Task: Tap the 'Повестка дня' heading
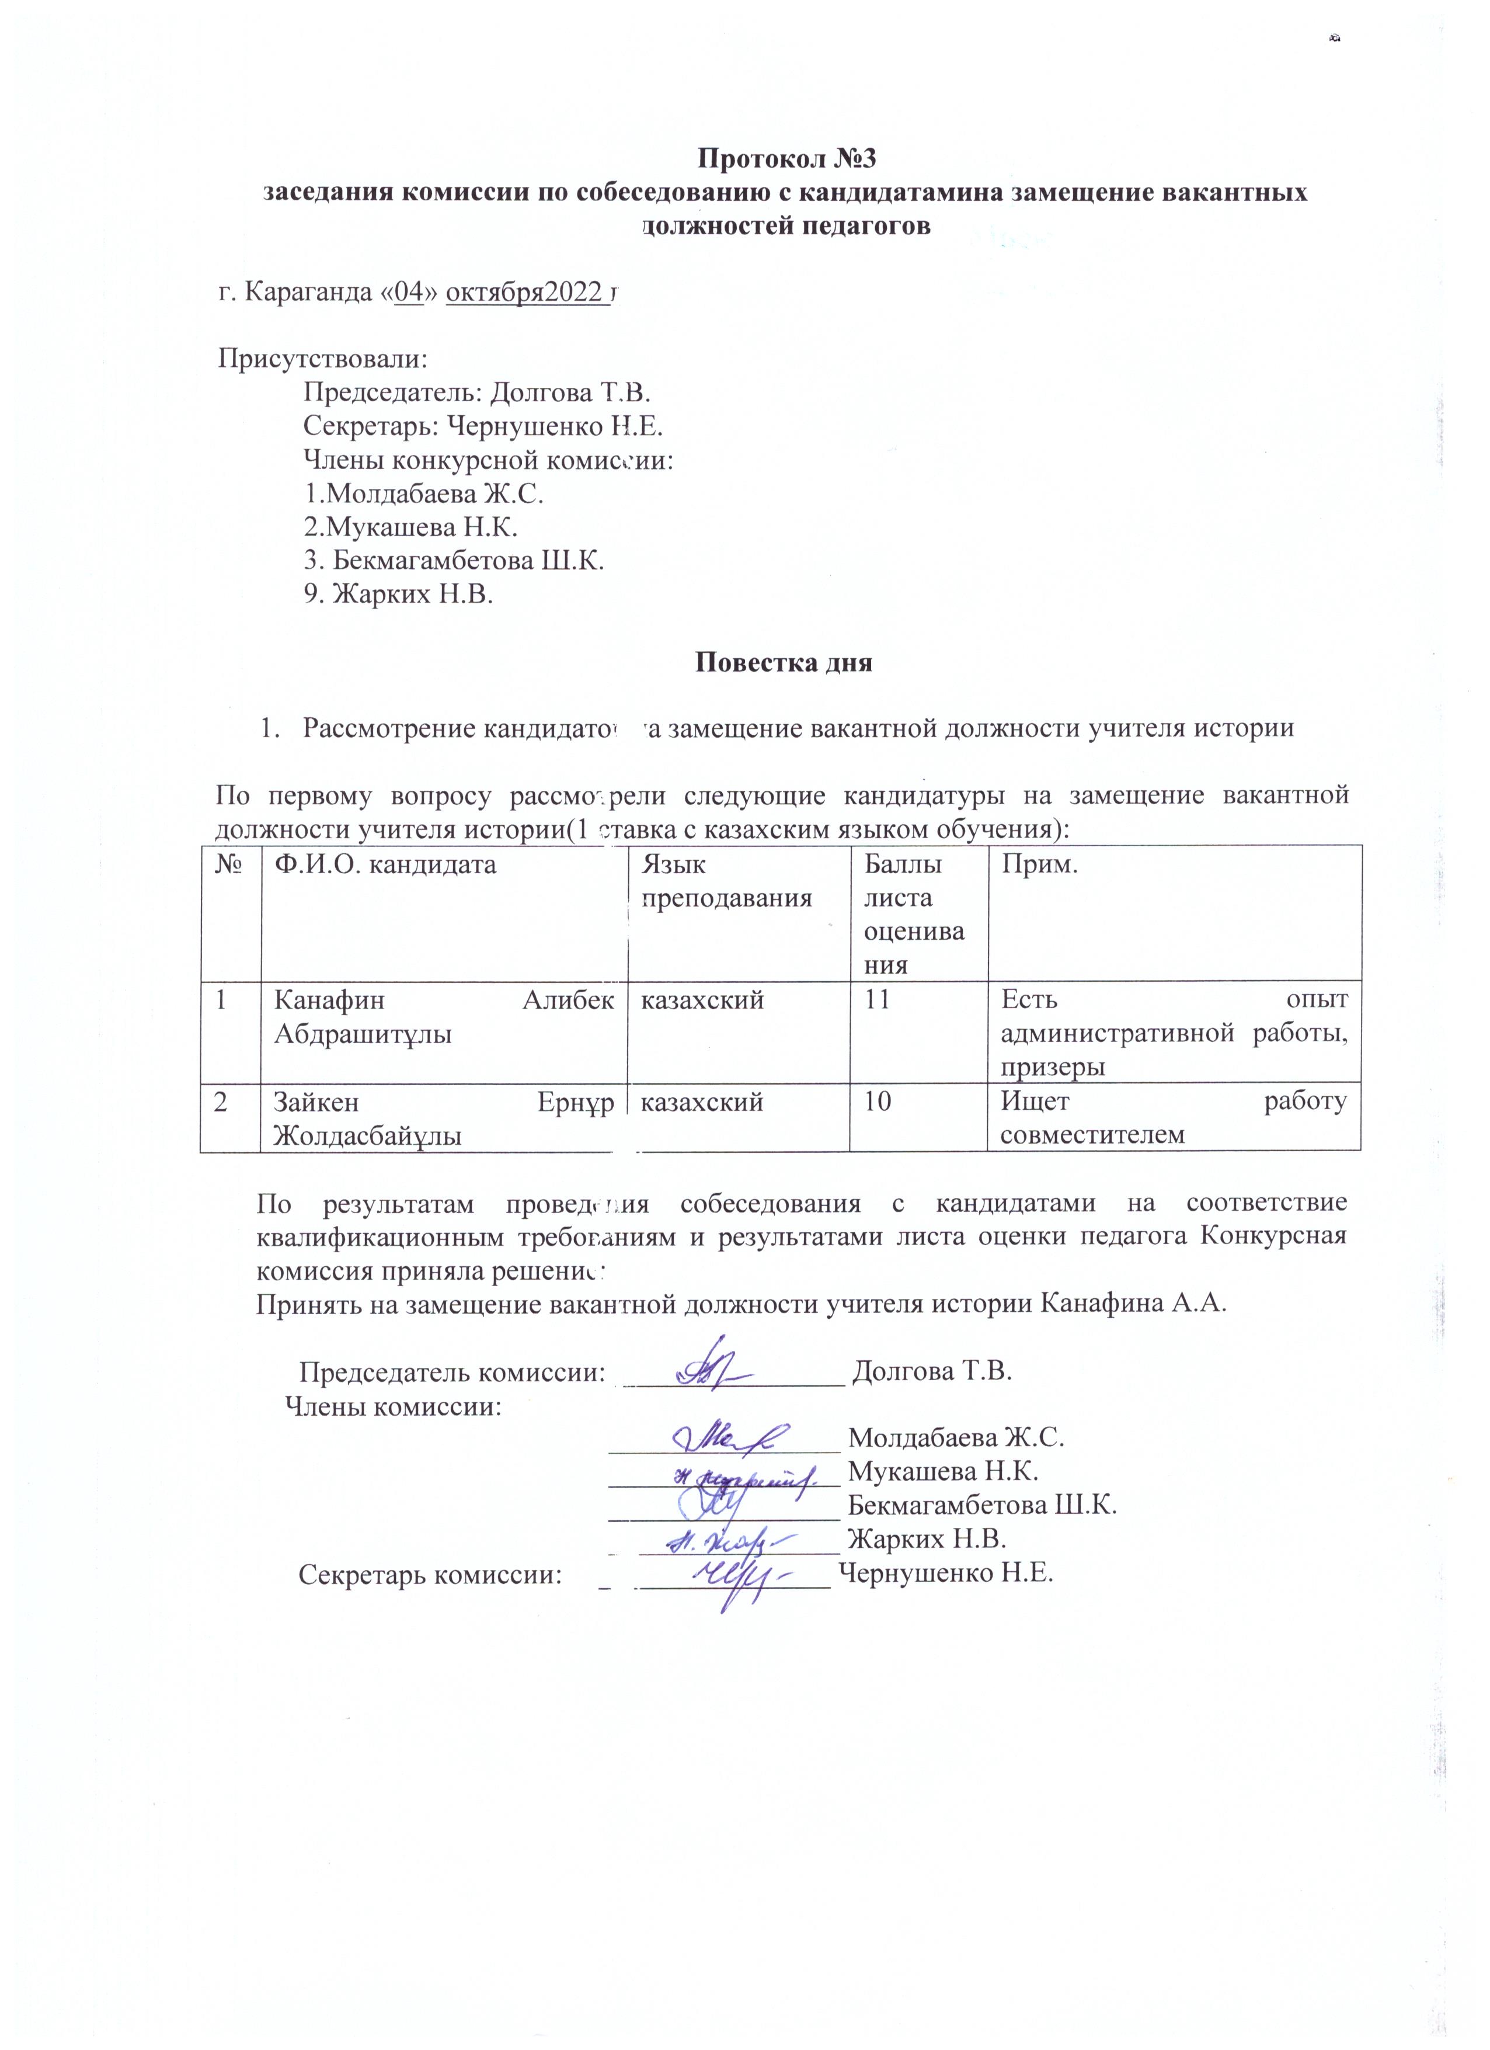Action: coord(784,662)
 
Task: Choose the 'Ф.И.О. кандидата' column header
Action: coord(386,865)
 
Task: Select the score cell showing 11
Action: coord(878,1000)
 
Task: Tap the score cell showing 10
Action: coord(878,1102)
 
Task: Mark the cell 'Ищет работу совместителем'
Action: coord(1174,1118)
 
